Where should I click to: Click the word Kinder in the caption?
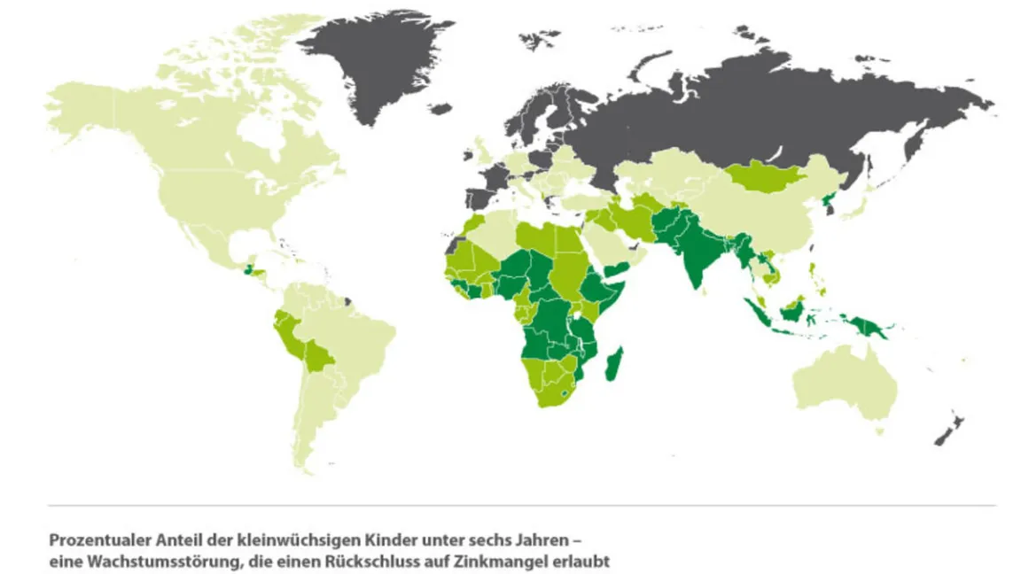[x=367, y=539]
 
